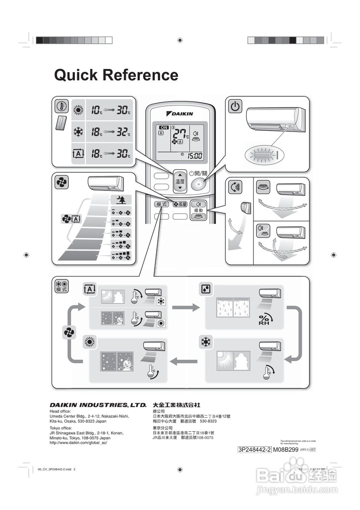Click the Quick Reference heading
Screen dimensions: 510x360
(x=116, y=75)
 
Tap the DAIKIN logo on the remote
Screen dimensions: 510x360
(x=182, y=114)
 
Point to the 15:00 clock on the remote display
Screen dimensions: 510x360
(x=195, y=156)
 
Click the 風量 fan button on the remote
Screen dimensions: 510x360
(x=180, y=204)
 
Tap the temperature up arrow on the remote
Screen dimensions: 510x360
(x=180, y=175)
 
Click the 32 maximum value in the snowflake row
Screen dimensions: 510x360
(x=122, y=132)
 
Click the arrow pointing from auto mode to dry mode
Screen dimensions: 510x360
(x=187, y=307)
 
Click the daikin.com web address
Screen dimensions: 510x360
(x=78, y=443)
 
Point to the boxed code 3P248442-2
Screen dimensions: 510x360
(x=254, y=449)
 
